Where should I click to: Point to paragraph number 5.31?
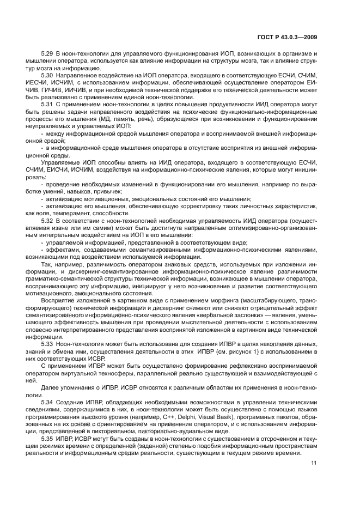pos(47,102)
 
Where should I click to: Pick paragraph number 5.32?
pos(47,220)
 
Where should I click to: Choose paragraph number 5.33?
pos(47,344)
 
